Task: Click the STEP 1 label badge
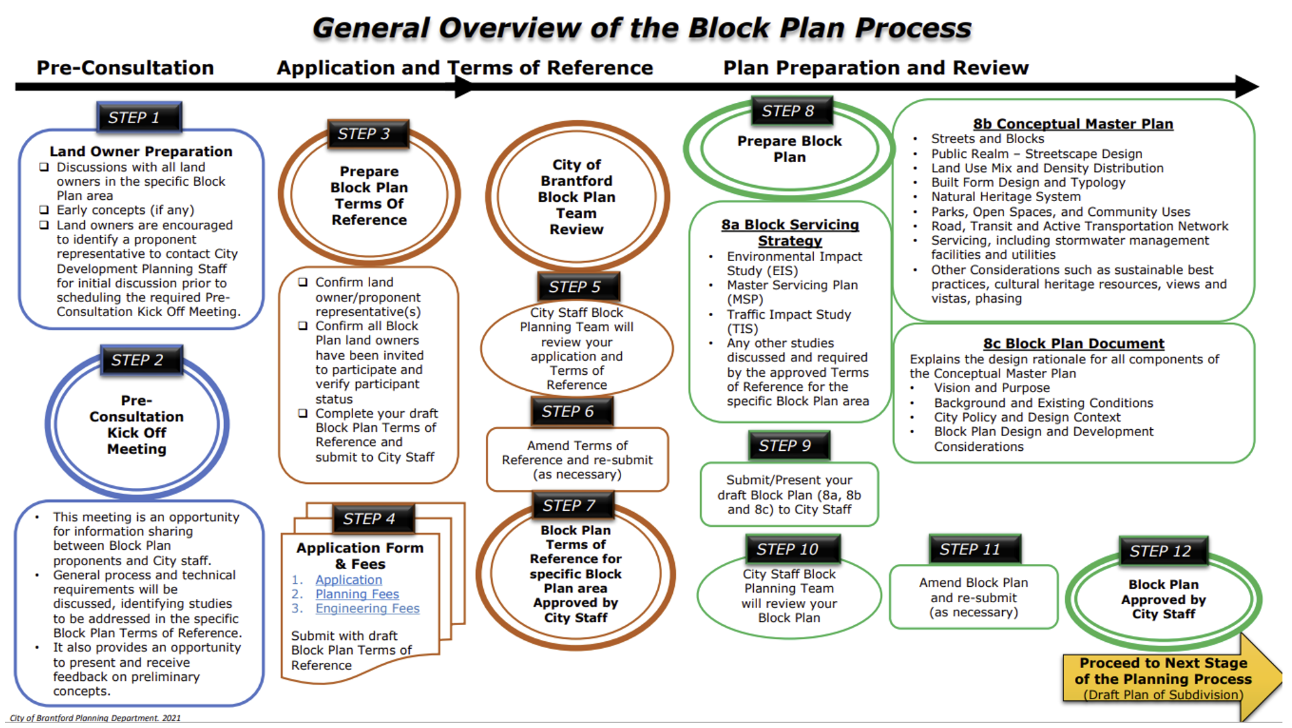pyautogui.click(x=139, y=118)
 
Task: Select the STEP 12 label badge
pyautogui.click(x=1164, y=551)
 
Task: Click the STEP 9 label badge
pyautogui.click(x=789, y=445)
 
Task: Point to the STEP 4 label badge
pyautogui.click(x=373, y=519)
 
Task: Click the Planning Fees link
pyautogui.click(x=357, y=594)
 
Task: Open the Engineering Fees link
pyautogui.click(x=367, y=609)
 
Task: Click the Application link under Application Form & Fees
pyautogui.click(x=349, y=580)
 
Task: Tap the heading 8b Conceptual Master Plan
pyautogui.click(x=1072, y=124)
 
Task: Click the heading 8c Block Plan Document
pyautogui.click(x=1073, y=344)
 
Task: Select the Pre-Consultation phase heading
pyautogui.click(x=125, y=68)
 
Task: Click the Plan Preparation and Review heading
pyautogui.click(x=875, y=68)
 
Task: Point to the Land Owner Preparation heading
pyautogui.click(x=141, y=151)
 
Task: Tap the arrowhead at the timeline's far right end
pyautogui.click(x=1246, y=86)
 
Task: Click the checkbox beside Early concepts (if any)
pyautogui.click(x=44, y=210)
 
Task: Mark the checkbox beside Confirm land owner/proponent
pyautogui.click(x=303, y=282)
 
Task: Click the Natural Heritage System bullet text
pyautogui.click(x=1005, y=197)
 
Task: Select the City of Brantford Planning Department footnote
pyautogui.click(x=95, y=718)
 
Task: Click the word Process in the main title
pyautogui.click(x=913, y=28)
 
